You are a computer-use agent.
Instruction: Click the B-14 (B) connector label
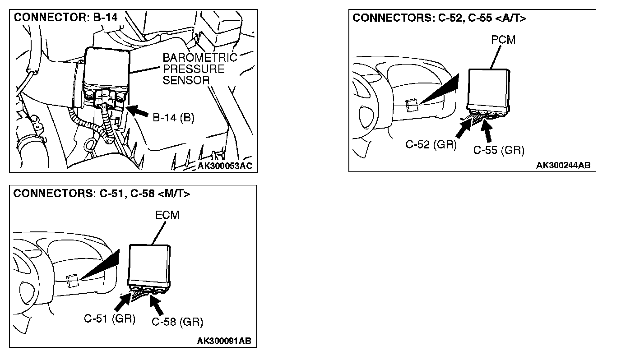[x=173, y=118]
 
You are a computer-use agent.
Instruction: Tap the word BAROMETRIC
[x=199, y=58]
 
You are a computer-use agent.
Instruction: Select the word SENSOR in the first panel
[x=187, y=80]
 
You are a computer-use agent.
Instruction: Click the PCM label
[x=503, y=40]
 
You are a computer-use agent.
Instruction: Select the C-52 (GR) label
[x=431, y=144]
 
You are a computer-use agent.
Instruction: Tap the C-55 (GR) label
[x=499, y=150]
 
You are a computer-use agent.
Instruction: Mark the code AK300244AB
[x=563, y=166]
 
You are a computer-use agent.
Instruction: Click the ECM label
[x=167, y=215]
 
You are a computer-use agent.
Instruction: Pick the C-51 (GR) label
[x=110, y=318]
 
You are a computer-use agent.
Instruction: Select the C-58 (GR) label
[x=177, y=322]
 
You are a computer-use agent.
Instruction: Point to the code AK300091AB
[x=224, y=341]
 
